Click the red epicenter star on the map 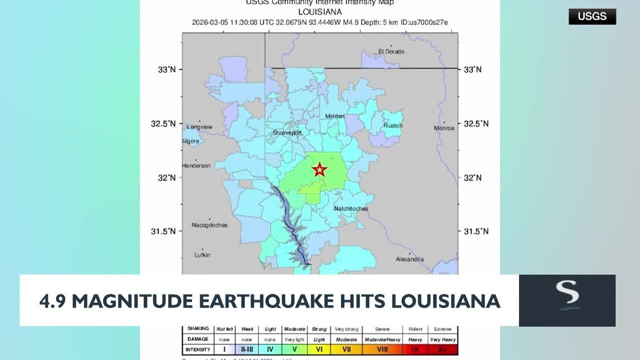coord(319,170)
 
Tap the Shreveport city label coord(287,133)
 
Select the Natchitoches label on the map coord(351,208)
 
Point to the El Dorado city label coord(391,51)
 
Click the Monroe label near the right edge coord(444,128)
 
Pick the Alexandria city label coord(409,259)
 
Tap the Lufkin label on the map coord(202,255)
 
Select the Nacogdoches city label coord(209,225)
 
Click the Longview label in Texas coord(199,127)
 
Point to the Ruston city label coord(393,126)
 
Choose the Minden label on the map coord(334,116)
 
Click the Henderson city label coord(196,165)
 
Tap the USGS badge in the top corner coord(592,16)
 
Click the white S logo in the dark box coord(567,295)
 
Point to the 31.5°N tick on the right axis coord(476,231)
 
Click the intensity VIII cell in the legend coord(382,349)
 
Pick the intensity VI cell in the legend coord(319,349)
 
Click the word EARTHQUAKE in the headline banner coord(265,301)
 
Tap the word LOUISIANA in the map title coord(319,11)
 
